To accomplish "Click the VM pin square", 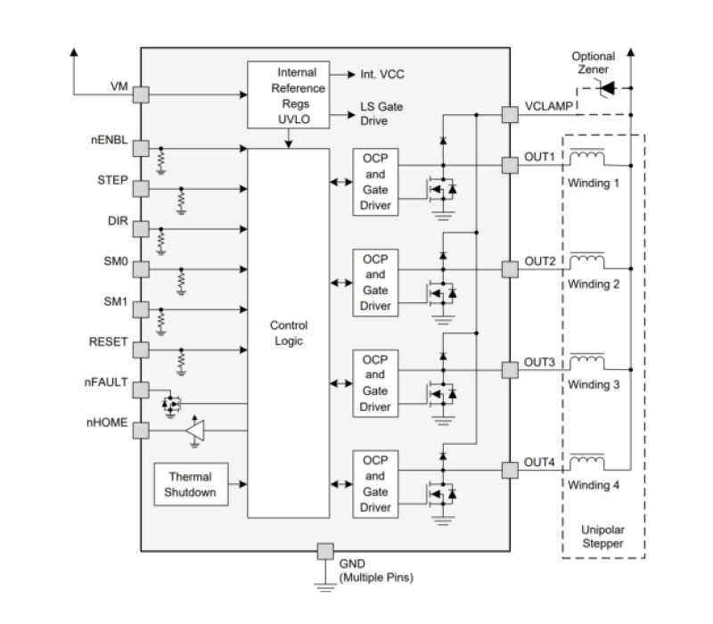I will click(142, 94).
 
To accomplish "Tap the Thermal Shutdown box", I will click(190, 484).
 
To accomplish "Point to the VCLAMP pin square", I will click(509, 115).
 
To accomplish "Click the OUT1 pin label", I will click(539, 157).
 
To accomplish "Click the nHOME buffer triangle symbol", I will click(194, 431).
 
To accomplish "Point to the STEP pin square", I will click(142, 189).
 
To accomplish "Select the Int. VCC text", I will click(382, 75).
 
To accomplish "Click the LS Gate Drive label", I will click(381, 113).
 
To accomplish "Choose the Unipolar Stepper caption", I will click(602, 536).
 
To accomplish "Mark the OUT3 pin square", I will click(509, 367).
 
